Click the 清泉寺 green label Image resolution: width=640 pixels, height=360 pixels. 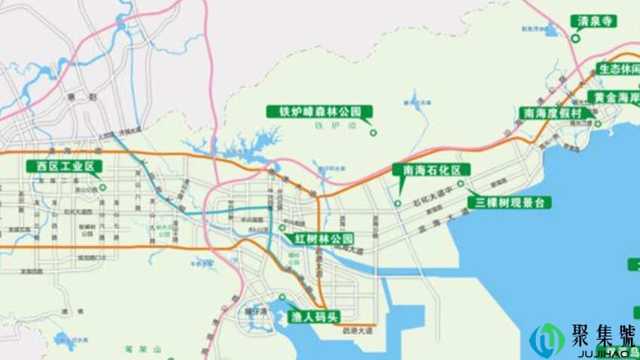point(593,21)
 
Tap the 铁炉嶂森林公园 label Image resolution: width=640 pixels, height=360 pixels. point(320,112)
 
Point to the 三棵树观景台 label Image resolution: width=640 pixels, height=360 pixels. point(510,202)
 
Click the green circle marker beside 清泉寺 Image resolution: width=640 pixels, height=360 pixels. point(576,38)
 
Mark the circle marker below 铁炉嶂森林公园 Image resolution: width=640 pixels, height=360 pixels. point(372,133)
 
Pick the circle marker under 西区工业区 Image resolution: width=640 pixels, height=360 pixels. point(102,187)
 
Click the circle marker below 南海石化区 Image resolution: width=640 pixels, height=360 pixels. point(398,203)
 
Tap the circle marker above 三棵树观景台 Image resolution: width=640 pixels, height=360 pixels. point(460,183)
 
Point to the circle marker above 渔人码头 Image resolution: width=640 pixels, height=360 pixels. point(282,297)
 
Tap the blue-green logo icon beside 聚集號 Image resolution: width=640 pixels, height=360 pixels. point(546,340)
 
